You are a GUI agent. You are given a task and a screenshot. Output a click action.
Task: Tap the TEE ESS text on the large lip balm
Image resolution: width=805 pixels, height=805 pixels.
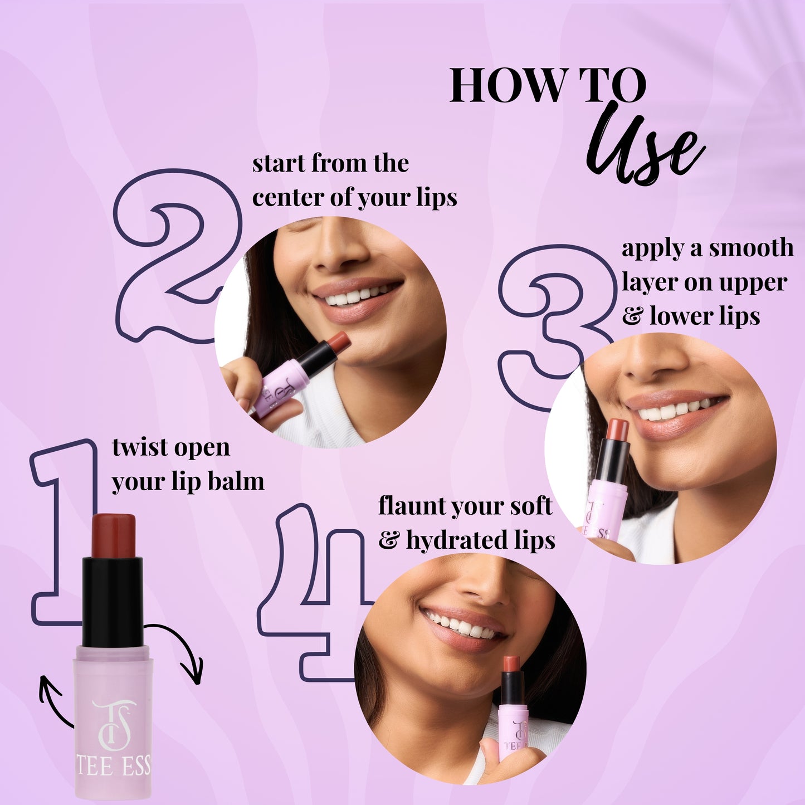tap(114, 767)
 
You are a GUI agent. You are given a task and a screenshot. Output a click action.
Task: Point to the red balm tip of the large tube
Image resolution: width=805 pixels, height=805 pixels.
tap(114, 535)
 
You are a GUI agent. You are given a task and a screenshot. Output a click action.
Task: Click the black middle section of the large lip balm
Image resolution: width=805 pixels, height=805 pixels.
tap(113, 602)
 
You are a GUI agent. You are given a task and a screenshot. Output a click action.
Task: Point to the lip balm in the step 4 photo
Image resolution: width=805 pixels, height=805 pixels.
tap(513, 708)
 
